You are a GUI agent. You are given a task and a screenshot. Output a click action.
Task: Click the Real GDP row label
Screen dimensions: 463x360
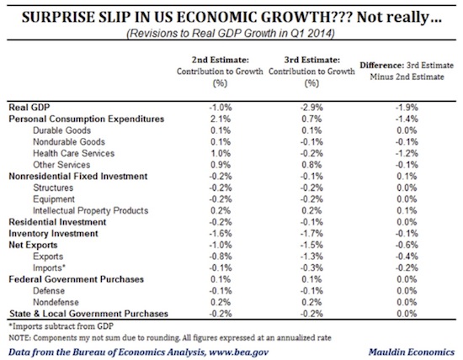click(29, 108)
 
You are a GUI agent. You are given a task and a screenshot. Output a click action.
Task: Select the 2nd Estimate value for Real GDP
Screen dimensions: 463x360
click(221, 108)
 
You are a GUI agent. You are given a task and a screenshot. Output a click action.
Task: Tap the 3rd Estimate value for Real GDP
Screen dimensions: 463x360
click(311, 108)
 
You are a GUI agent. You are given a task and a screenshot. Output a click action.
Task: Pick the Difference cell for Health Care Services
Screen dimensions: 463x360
click(407, 153)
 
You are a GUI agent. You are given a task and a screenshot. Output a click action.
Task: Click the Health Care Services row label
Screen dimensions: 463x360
click(73, 153)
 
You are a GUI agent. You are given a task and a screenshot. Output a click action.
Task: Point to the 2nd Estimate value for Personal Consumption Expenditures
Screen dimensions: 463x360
click(221, 119)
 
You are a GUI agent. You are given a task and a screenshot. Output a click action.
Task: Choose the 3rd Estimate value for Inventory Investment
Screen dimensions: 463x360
click(311, 234)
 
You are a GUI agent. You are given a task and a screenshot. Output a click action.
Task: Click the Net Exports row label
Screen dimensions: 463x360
click(33, 246)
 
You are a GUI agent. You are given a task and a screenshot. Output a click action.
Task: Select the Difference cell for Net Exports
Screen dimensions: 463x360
click(407, 246)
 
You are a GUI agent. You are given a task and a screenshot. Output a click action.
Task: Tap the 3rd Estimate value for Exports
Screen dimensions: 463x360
click(311, 257)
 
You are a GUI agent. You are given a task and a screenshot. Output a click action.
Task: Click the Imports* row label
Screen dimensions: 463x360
click(49, 268)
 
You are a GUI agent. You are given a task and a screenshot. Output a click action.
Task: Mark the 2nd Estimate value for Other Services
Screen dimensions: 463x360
click(221, 165)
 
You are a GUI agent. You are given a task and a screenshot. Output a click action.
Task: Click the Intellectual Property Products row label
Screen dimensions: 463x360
click(91, 210)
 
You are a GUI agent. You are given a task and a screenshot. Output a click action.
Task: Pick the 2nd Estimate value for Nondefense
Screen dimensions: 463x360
click(221, 302)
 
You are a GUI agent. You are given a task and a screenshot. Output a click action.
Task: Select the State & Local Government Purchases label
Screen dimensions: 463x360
click(88, 314)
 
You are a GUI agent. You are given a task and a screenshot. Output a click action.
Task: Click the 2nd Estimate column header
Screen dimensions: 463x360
click(220, 71)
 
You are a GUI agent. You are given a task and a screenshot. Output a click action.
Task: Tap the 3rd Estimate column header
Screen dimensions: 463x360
click(311, 71)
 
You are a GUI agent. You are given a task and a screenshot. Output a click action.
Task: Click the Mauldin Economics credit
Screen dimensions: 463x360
click(412, 352)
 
